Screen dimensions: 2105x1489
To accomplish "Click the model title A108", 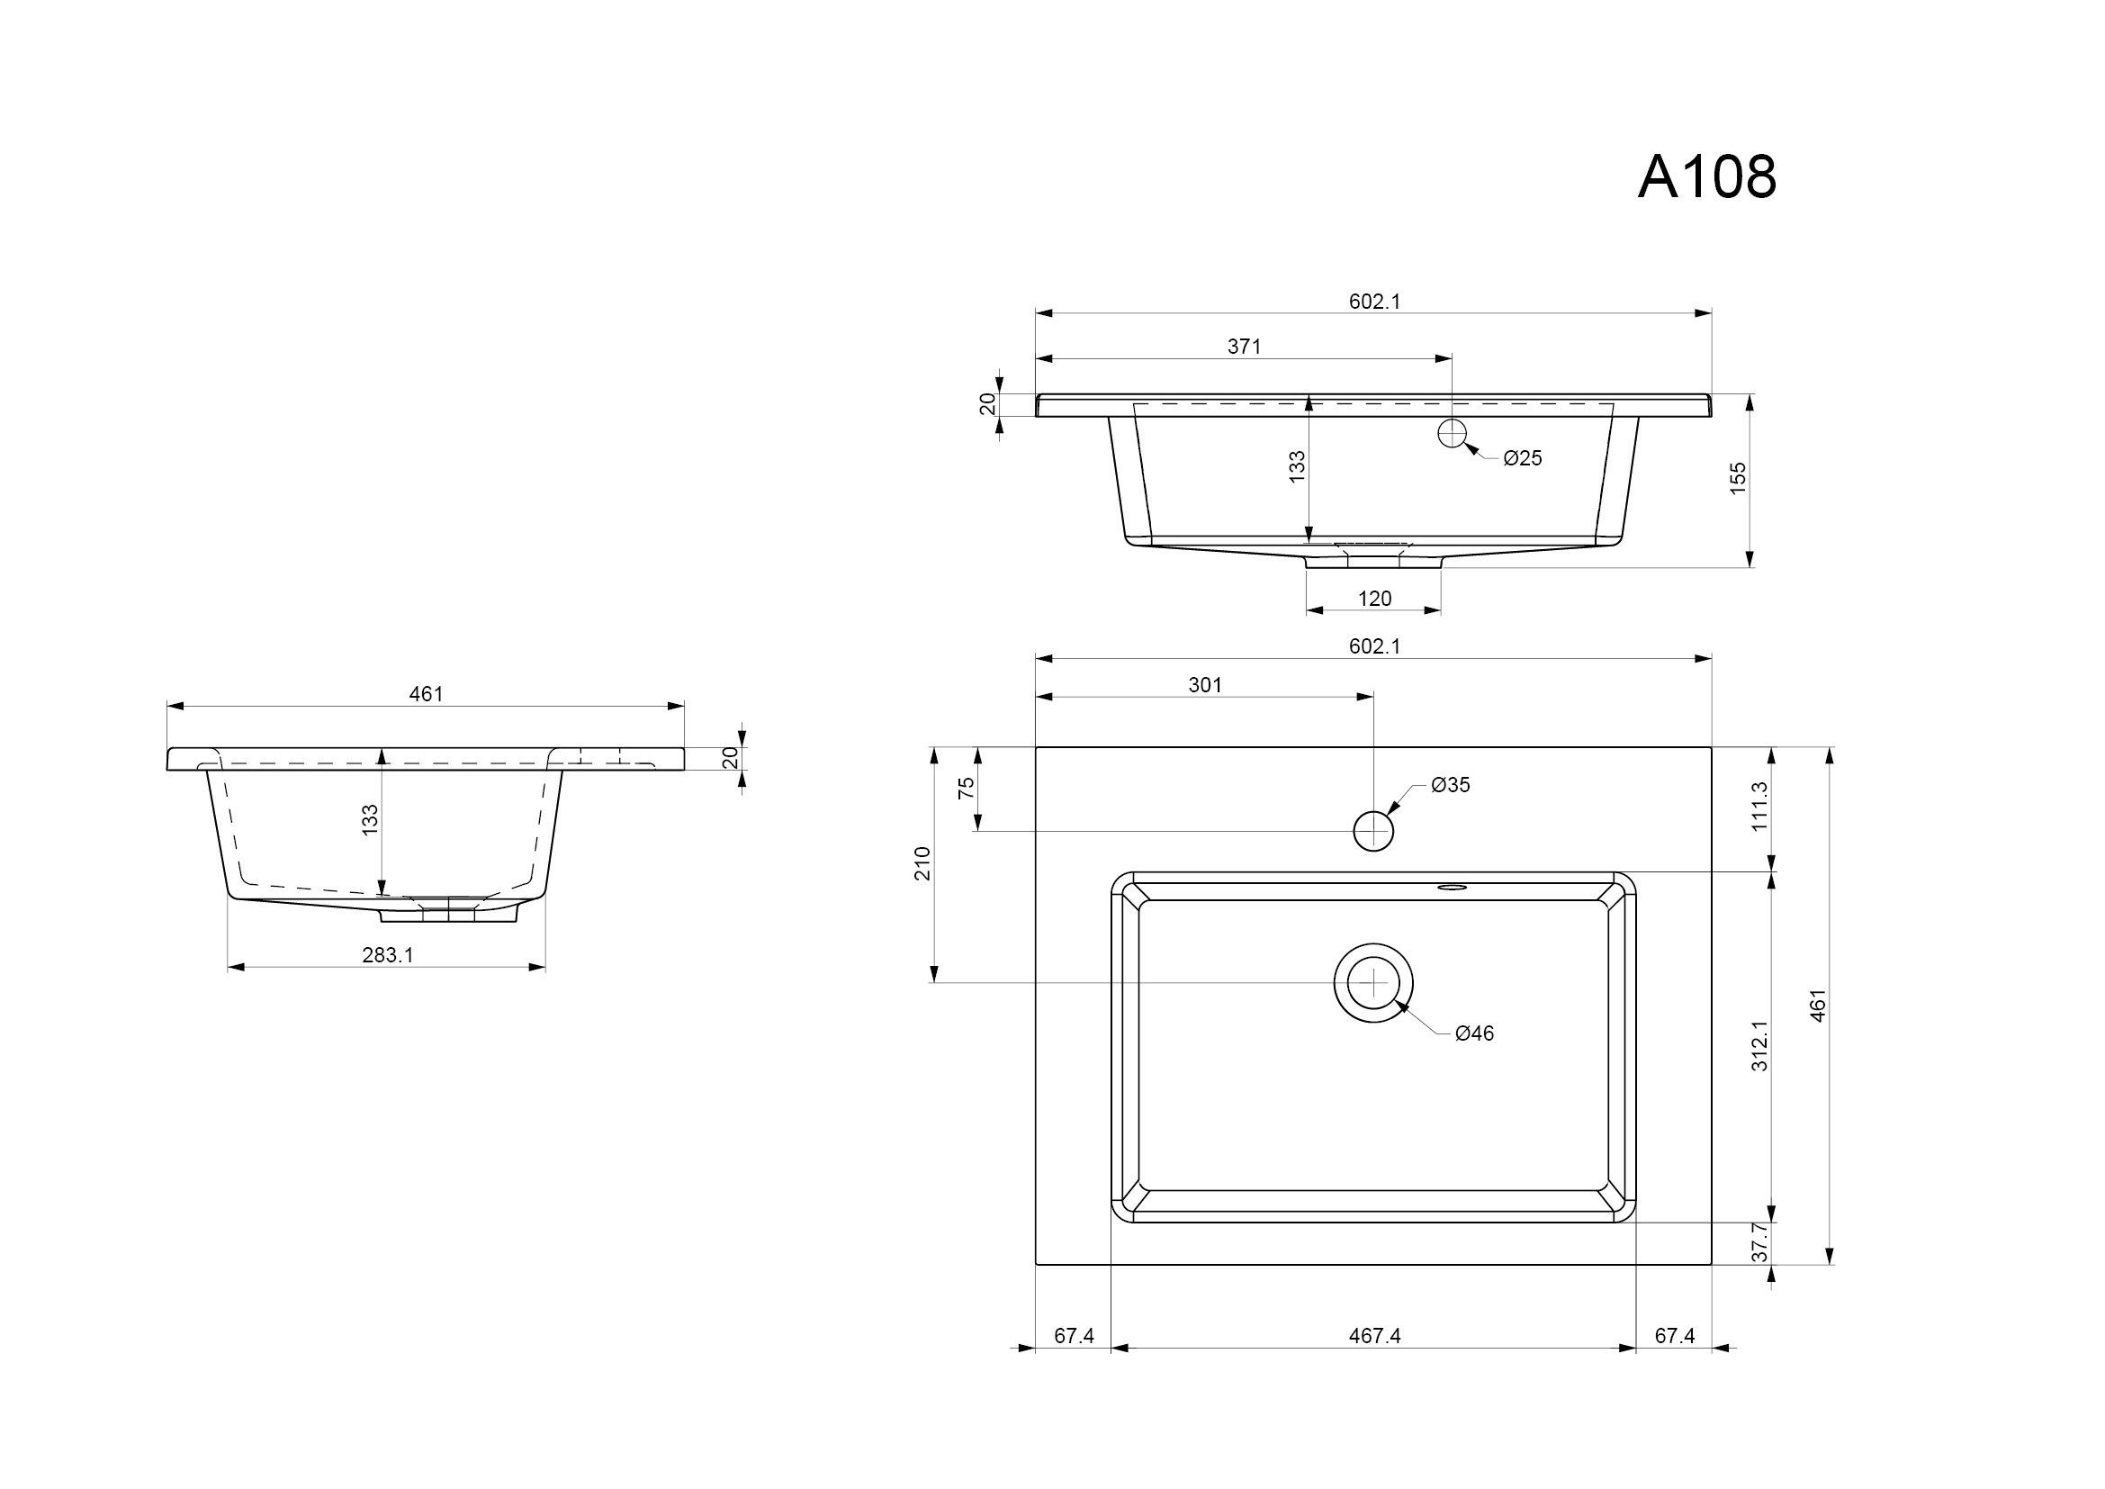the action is [x=1707, y=176].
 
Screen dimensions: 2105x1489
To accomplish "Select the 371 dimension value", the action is [x=1244, y=347].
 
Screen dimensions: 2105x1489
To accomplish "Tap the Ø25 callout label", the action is [x=1523, y=458].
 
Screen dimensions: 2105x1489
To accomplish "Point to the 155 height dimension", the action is [x=1737, y=479].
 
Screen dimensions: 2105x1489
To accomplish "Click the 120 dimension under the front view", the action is [x=1374, y=599].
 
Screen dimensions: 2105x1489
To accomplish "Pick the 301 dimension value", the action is [x=1205, y=685].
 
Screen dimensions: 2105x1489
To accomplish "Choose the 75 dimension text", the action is [x=967, y=789].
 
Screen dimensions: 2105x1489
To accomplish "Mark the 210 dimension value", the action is [x=922, y=863].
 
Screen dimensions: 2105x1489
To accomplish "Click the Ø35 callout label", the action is [x=1451, y=785].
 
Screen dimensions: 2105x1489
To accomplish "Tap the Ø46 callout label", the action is [x=1474, y=1033].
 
